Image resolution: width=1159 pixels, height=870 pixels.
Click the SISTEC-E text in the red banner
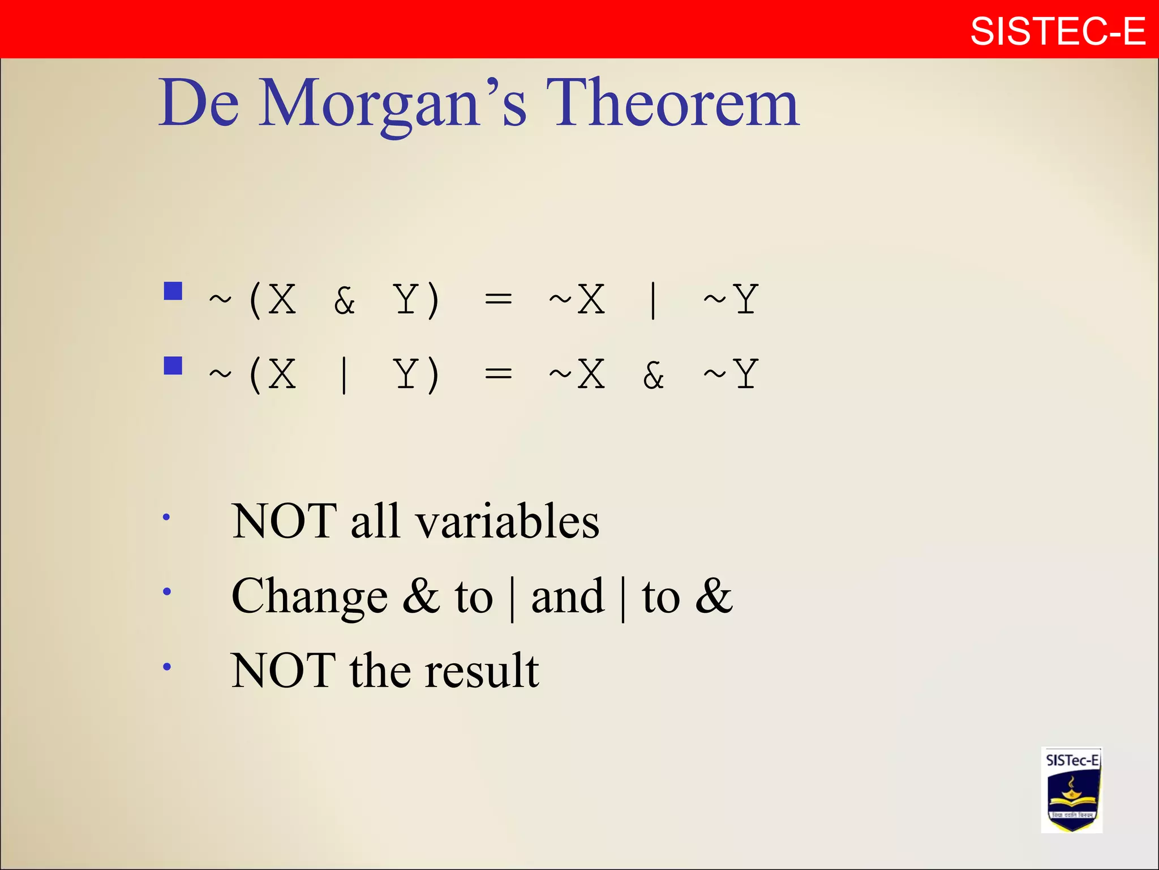(x=1057, y=31)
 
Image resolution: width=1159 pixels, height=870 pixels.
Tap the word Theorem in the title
(x=672, y=103)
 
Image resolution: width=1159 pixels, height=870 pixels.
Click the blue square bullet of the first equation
(x=173, y=291)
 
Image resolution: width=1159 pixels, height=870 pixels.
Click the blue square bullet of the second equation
(x=173, y=365)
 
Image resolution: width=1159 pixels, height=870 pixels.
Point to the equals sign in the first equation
(x=498, y=298)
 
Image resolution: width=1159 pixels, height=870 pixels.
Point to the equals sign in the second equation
(x=498, y=373)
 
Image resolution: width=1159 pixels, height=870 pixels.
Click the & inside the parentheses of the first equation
(x=344, y=300)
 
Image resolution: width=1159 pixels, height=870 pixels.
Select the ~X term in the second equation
(x=577, y=374)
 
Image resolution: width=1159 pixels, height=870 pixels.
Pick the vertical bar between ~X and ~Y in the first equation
(x=653, y=300)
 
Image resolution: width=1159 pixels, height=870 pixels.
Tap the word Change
(x=310, y=596)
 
